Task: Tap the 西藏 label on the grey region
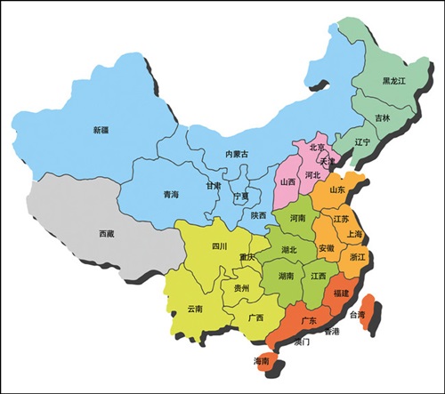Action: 107,234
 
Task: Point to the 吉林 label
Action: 382,117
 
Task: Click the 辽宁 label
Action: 362,141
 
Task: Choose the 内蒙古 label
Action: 236,155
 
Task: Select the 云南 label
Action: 194,308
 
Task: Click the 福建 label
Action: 342,293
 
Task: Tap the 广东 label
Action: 309,320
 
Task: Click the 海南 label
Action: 261,361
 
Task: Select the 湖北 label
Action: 289,250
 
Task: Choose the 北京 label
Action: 317,148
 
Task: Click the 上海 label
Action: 355,234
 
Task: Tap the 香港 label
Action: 332,332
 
